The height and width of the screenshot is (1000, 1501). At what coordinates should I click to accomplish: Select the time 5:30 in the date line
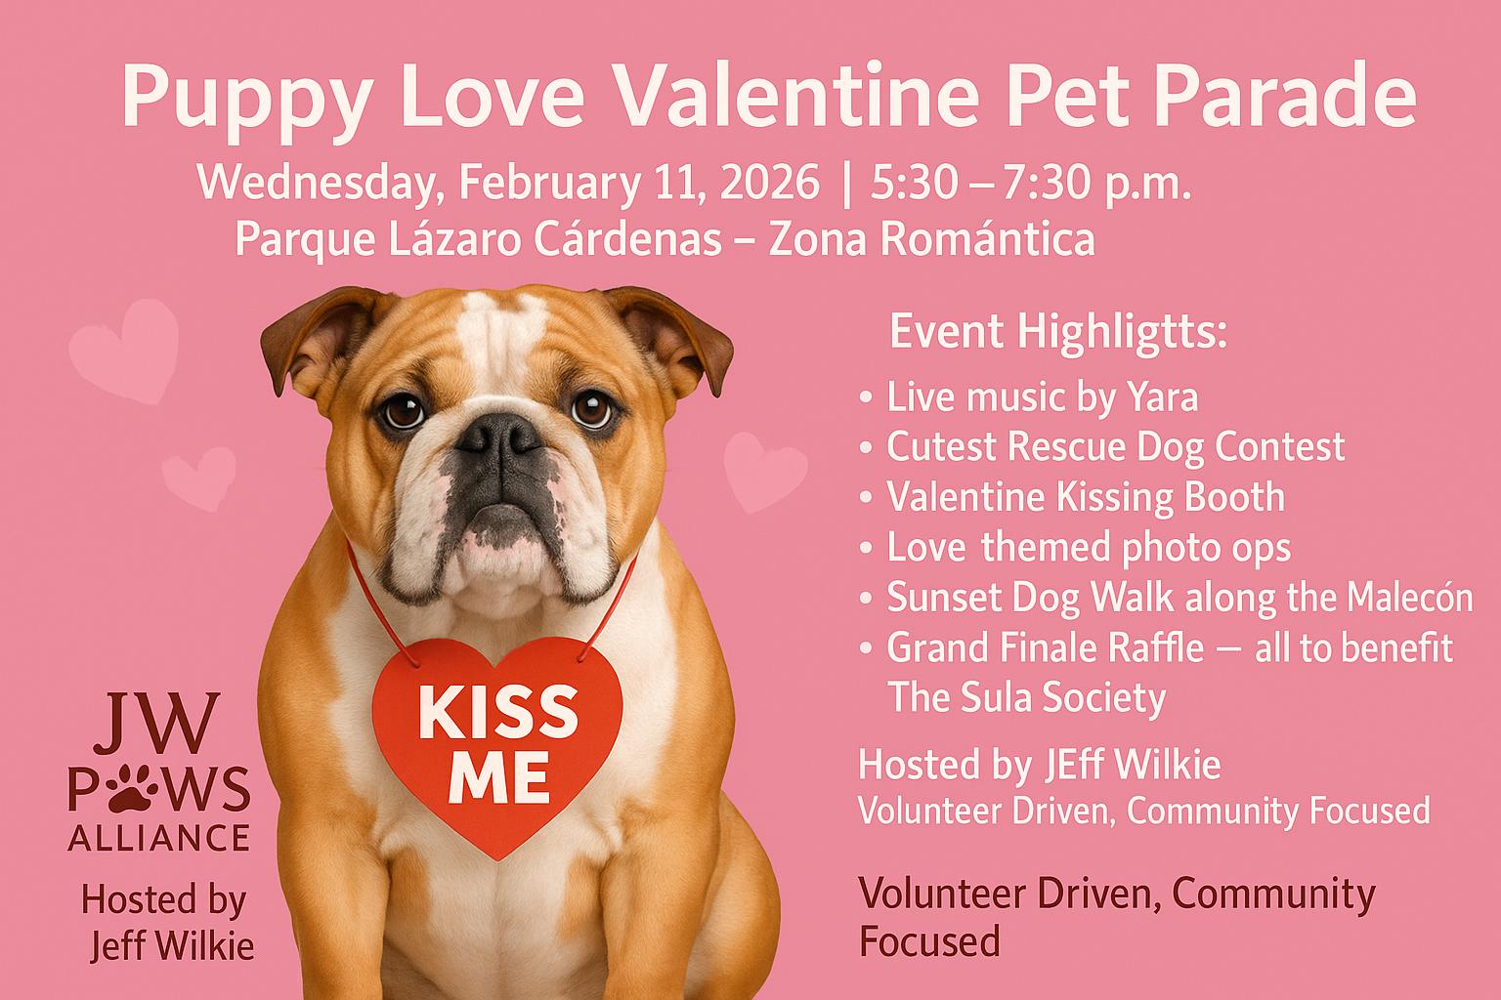click(x=914, y=183)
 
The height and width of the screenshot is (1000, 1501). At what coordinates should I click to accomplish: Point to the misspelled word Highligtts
click(x=1123, y=333)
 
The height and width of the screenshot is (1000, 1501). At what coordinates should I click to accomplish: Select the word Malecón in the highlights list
click(x=1409, y=597)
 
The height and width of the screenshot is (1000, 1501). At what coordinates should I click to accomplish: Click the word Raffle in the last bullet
click(x=1153, y=647)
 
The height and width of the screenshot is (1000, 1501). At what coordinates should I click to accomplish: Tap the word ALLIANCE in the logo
click(x=159, y=838)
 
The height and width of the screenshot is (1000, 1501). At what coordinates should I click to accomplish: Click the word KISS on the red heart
click(x=497, y=713)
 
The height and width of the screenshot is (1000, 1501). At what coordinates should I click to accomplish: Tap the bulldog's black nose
click(x=499, y=434)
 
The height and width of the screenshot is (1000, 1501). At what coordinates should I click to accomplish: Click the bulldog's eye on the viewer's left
click(x=404, y=410)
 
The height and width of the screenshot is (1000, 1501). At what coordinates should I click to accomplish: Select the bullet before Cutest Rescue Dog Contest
click(x=866, y=447)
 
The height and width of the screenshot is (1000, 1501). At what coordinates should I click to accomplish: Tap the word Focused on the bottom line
click(x=929, y=941)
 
